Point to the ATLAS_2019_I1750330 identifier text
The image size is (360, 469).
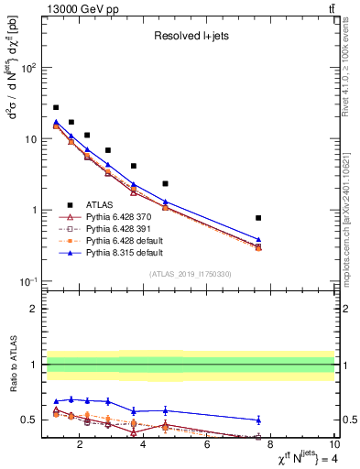pos(190,274)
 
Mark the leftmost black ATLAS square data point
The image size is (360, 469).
pos(56,107)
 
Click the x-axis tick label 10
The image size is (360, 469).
pos(333,448)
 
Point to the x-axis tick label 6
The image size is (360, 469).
pos(207,448)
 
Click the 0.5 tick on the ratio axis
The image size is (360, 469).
pos(31,420)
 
